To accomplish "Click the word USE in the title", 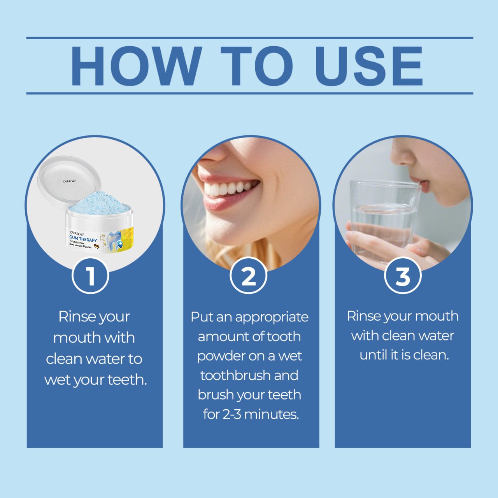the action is (x=368, y=66).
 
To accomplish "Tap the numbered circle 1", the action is (x=90, y=276).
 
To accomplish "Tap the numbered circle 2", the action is (x=248, y=276).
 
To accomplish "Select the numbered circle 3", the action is (x=403, y=276).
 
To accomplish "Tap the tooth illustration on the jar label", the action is (x=116, y=240).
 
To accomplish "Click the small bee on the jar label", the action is (x=96, y=246).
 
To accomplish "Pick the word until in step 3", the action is (x=373, y=355).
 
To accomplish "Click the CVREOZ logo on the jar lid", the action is (x=69, y=181).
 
